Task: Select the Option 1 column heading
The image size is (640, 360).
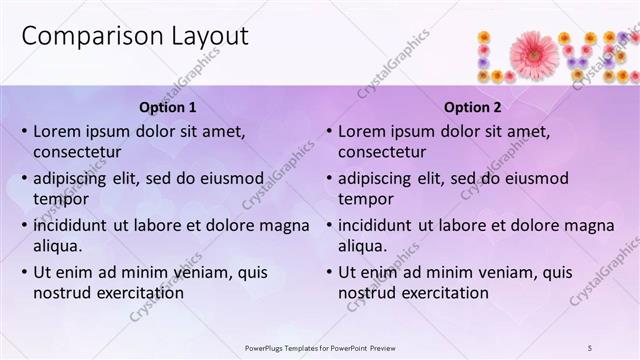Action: point(166,107)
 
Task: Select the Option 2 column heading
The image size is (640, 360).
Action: point(473,107)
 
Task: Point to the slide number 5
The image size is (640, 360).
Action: point(590,347)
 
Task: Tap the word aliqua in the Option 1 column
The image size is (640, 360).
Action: point(57,246)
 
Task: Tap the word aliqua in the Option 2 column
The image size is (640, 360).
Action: point(362,246)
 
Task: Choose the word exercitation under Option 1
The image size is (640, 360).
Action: point(137,293)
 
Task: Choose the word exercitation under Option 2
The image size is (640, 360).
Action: point(442,293)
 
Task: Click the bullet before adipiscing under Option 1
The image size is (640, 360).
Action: point(24,178)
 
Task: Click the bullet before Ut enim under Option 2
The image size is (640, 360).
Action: point(329,272)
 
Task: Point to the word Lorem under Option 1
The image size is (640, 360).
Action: point(57,131)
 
